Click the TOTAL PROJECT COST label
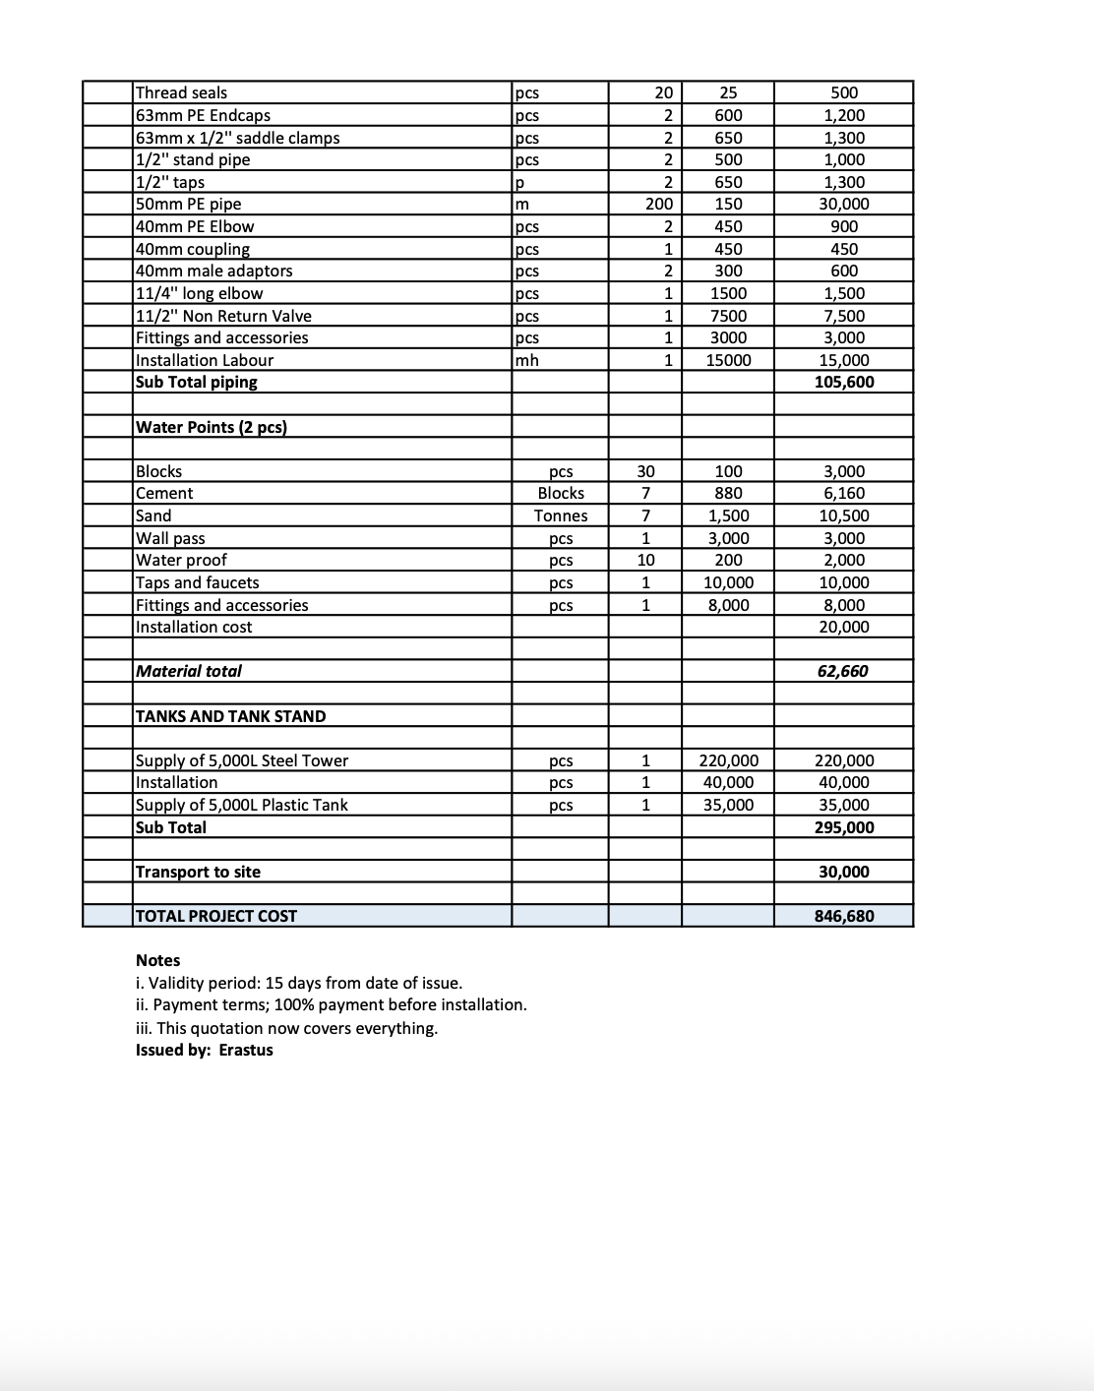(x=215, y=916)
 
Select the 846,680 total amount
(x=844, y=916)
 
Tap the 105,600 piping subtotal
(x=844, y=382)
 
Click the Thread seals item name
(x=181, y=92)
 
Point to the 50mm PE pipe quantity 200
(x=659, y=204)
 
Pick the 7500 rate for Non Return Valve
(x=728, y=316)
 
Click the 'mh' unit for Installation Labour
(x=527, y=360)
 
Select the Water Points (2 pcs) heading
(x=211, y=427)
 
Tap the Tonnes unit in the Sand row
(x=561, y=515)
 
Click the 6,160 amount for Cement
(x=844, y=493)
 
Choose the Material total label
(x=189, y=671)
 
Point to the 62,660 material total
(x=843, y=671)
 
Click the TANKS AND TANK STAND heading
(x=230, y=716)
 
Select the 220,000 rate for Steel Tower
(x=728, y=760)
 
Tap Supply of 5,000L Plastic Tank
(x=241, y=805)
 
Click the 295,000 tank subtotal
(x=844, y=827)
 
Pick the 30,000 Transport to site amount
(x=844, y=872)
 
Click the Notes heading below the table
(x=157, y=960)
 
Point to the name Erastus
(x=246, y=1050)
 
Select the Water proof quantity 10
(x=645, y=560)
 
